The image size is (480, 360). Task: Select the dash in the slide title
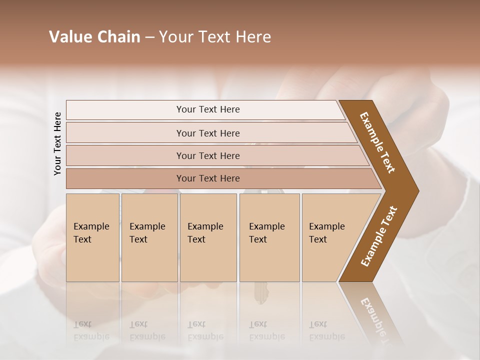(x=149, y=37)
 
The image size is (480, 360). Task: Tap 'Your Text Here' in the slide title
(x=215, y=37)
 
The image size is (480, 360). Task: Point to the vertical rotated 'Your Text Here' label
(x=57, y=144)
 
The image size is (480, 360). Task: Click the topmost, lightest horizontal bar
(x=207, y=109)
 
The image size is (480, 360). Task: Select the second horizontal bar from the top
(x=207, y=133)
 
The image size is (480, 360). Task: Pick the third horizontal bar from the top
(x=207, y=155)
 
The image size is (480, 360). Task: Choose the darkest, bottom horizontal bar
(x=207, y=178)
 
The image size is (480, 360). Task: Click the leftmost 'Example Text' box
(x=92, y=237)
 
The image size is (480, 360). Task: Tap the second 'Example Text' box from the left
(x=149, y=237)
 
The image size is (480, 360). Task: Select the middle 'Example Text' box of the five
(x=208, y=237)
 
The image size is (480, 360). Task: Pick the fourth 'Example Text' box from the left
(x=269, y=237)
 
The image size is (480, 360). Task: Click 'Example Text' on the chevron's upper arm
(x=377, y=142)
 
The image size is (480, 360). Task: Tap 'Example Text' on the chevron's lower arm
(x=379, y=236)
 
